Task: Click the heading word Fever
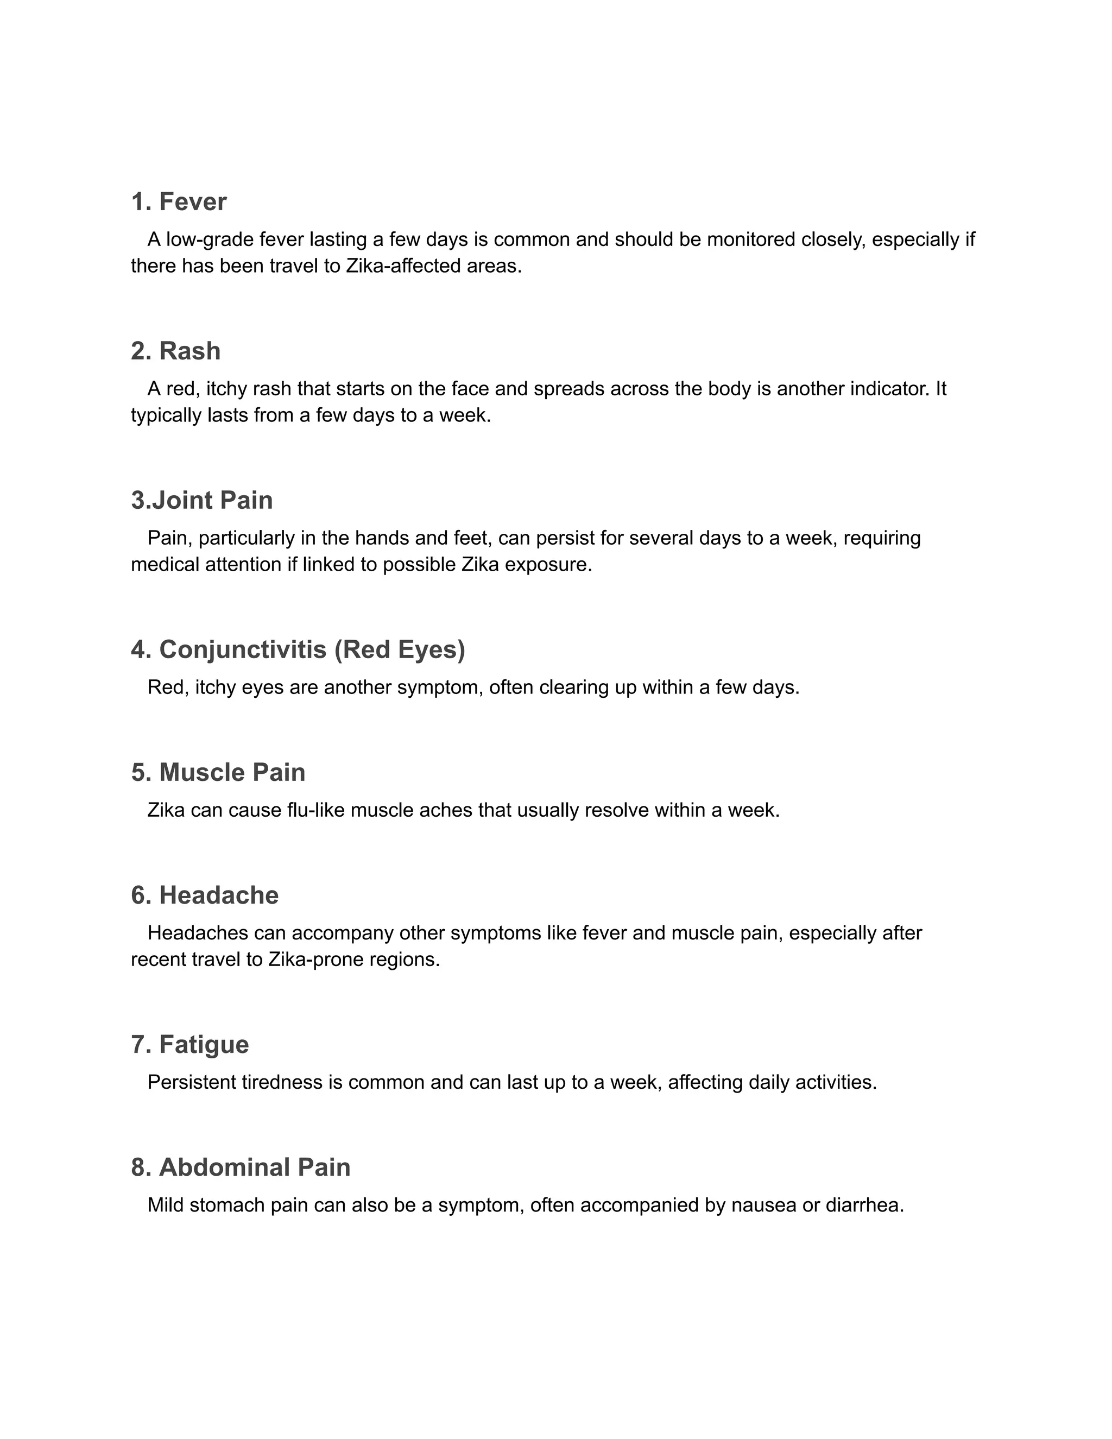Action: (x=192, y=201)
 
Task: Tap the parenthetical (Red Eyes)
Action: (x=399, y=649)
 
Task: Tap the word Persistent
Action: (x=192, y=1082)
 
